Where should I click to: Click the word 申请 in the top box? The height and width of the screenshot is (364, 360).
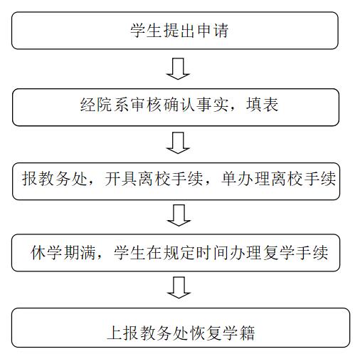(213, 31)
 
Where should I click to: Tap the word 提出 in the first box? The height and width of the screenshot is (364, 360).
(179, 31)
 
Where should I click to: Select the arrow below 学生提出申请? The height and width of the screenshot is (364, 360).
(178, 69)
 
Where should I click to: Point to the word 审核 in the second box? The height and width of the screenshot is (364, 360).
(147, 105)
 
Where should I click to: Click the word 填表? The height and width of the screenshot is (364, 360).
(263, 105)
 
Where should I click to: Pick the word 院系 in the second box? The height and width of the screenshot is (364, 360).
(113, 105)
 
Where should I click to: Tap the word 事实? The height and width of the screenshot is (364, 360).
(213, 105)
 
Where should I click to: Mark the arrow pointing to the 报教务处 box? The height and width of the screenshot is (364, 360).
(178, 143)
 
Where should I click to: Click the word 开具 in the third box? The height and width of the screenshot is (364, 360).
(121, 179)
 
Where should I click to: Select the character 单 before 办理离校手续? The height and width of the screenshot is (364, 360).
(230, 179)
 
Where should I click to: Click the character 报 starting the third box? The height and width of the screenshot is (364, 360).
(30, 179)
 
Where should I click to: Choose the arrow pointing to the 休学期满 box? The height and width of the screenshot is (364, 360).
(179, 215)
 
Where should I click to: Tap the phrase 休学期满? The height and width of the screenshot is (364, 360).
(63, 252)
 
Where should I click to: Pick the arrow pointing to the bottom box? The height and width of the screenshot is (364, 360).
(179, 288)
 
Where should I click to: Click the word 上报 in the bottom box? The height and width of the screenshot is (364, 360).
(123, 333)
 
